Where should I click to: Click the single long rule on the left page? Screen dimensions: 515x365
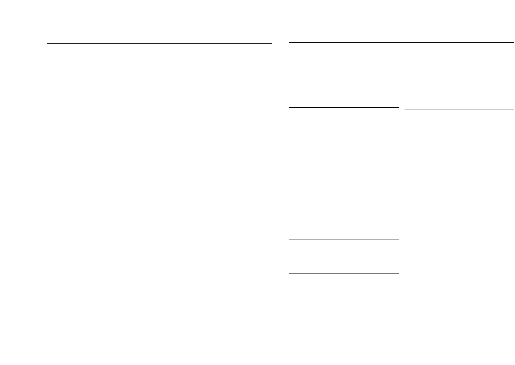point(160,43)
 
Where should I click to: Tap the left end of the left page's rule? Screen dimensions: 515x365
point(48,43)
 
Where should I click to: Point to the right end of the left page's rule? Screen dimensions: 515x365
point(271,43)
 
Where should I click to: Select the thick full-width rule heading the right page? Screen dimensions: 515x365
point(401,42)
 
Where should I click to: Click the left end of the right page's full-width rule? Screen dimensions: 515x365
point(290,42)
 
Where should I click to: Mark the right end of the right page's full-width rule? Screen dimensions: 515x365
point(513,42)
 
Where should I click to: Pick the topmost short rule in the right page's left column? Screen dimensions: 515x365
point(344,108)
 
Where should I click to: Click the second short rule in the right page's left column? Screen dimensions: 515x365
point(344,135)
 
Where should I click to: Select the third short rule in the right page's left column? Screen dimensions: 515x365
point(344,239)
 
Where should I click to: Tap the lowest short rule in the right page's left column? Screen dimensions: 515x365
point(344,273)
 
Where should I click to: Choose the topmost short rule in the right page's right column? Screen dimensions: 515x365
point(459,109)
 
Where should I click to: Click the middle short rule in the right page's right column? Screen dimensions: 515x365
point(459,239)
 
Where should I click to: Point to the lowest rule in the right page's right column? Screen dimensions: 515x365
point(459,294)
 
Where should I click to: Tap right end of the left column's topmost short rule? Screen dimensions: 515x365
point(398,108)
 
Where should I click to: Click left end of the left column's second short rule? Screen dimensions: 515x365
point(290,135)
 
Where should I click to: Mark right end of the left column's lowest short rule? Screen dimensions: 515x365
point(398,273)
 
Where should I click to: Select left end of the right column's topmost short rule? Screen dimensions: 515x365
point(405,109)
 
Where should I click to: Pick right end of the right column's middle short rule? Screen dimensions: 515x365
point(513,239)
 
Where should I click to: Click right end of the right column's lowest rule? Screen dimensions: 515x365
point(513,294)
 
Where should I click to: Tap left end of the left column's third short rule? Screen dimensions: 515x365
point(290,239)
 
